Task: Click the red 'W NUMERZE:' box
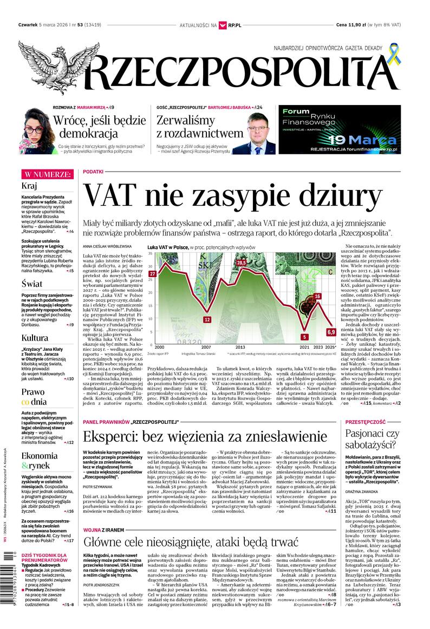coord(47,174)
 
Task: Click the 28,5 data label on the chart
coord(240,263)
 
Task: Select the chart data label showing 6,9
coord(331,331)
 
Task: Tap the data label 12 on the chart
coord(206,319)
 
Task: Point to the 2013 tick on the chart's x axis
coord(240,347)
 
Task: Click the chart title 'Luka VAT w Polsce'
coord(167,246)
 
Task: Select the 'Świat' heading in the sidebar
coord(32,283)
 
